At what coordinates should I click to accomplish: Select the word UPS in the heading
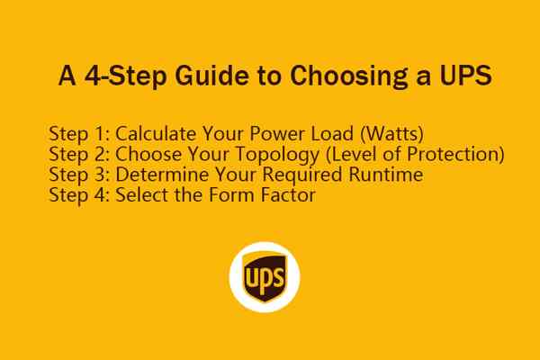tap(464, 76)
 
